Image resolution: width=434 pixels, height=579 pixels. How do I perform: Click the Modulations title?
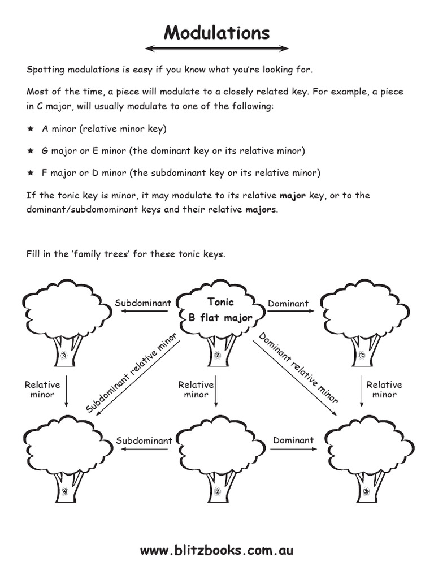click(x=217, y=33)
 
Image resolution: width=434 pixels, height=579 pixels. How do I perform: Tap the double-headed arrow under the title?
click(x=217, y=49)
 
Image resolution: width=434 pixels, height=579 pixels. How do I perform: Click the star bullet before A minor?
click(x=31, y=129)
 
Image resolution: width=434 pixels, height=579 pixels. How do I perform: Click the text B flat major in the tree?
click(x=220, y=318)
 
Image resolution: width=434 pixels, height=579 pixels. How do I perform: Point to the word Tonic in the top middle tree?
click(x=220, y=302)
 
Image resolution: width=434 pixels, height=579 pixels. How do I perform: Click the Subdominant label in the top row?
click(x=143, y=304)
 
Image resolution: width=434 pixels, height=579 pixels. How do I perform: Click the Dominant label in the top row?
click(x=288, y=304)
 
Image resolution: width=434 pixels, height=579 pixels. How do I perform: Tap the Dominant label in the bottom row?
click(x=293, y=440)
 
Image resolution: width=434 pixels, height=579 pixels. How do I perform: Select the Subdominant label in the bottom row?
click(x=144, y=440)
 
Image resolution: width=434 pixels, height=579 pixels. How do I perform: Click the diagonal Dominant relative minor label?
click(x=298, y=368)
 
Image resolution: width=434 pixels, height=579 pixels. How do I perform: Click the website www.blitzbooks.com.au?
click(x=217, y=550)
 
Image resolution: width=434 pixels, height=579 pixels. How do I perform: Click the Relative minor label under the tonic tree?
click(x=196, y=390)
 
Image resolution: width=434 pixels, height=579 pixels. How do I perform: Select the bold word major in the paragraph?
click(x=293, y=196)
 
